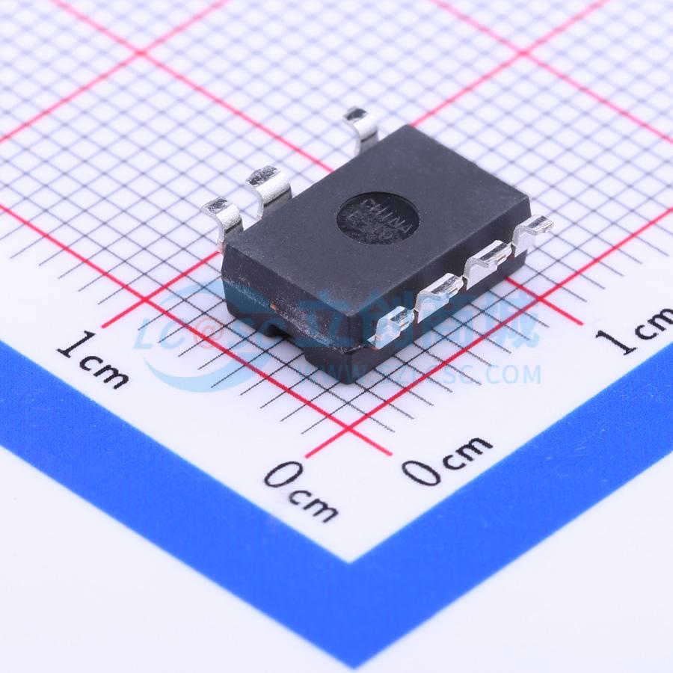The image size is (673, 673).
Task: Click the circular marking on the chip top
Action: click(376, 216)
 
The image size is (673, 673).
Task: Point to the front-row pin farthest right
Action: click(532, 230)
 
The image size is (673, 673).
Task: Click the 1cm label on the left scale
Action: click(93, 359)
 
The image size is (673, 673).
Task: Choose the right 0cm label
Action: click(446, 458)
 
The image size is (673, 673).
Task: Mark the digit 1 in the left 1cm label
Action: click(71, 345)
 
